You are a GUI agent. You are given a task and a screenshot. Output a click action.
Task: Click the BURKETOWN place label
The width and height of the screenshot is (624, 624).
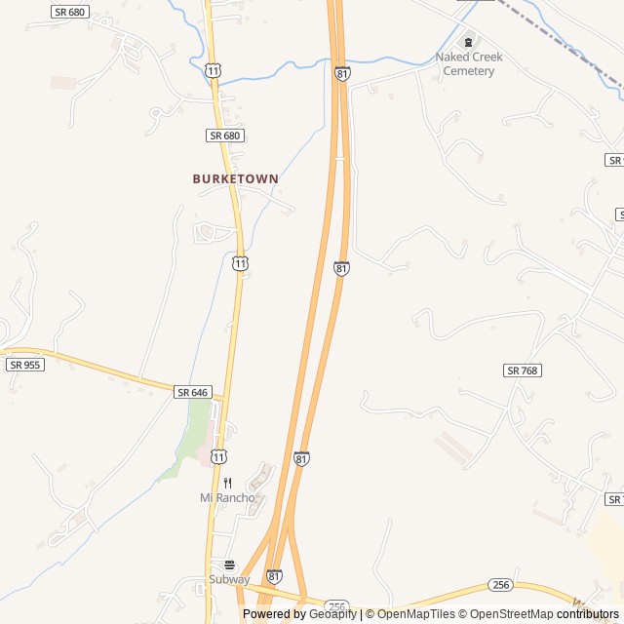[235, 179]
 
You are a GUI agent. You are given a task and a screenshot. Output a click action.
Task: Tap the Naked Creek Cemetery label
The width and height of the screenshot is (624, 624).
[469, 63]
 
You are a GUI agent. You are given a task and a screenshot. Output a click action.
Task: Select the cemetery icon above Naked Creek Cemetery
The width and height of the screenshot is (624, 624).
[469, 42]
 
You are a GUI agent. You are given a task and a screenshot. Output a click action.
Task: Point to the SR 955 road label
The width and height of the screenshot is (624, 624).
[24, 365]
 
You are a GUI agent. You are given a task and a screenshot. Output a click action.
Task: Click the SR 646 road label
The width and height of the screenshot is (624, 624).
[193, 392]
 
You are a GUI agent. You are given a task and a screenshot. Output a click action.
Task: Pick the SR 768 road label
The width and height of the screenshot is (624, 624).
[523, 370]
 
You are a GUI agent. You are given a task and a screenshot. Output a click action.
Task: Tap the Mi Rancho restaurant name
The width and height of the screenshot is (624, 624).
[227, 498]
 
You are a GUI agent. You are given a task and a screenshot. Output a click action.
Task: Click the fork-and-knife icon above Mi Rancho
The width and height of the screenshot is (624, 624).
[227, 483]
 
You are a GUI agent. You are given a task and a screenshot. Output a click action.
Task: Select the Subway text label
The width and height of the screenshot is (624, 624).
[229, 579]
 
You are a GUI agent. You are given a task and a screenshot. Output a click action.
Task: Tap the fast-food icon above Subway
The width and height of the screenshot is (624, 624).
[229, 565]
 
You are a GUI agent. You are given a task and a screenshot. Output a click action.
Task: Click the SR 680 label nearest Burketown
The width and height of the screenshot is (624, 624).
[224, 136]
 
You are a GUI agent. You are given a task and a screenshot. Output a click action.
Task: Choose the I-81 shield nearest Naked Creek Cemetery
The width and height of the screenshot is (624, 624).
[341, 73]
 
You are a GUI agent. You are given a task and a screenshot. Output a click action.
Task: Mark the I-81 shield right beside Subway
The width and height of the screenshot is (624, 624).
[275, 577]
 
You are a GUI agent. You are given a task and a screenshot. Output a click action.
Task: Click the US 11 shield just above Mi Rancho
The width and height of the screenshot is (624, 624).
[219, 456]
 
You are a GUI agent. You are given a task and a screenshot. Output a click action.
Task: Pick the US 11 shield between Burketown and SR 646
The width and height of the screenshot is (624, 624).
[240, 263]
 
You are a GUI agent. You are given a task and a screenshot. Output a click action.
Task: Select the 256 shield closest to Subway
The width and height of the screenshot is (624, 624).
[337, 606]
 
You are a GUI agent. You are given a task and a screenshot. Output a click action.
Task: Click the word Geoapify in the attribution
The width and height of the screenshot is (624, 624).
[333, 614]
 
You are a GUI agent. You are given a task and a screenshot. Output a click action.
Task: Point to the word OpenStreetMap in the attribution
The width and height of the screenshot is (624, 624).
[513, 614]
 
